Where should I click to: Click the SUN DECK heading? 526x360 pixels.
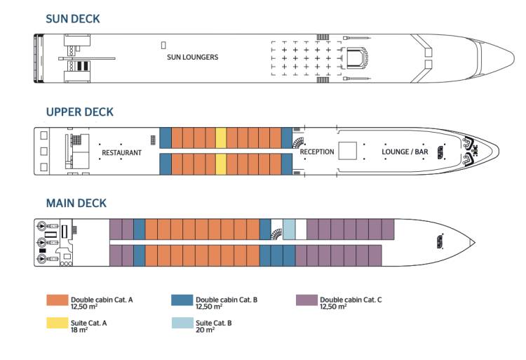[x=73, y=20]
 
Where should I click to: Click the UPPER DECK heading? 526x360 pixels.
[x=79, y=112]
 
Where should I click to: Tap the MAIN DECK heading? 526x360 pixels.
[x=76, y=204]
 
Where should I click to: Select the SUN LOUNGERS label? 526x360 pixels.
[x=192, y=57]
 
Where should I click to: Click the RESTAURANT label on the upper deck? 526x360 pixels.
[x=121, y=152]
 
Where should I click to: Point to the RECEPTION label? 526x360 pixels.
[x=317, y=152]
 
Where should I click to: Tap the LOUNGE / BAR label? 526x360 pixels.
[x=405, y=152]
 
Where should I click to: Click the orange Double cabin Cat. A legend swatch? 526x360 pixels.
[x=57, y=300]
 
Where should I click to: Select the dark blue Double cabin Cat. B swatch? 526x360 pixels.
[x=182, y=300]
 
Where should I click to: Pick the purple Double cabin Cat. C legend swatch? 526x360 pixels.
[x=306, y=300]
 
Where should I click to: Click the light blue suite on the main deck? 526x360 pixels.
[x=288, y=229]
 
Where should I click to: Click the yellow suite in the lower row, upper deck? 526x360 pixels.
[x=221, y=164]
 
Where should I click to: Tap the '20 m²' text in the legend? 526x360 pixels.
[x=205, y=330]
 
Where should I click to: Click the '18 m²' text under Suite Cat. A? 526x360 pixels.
[x=79, y=330]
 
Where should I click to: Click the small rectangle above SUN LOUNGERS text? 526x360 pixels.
[x=163, y=45]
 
